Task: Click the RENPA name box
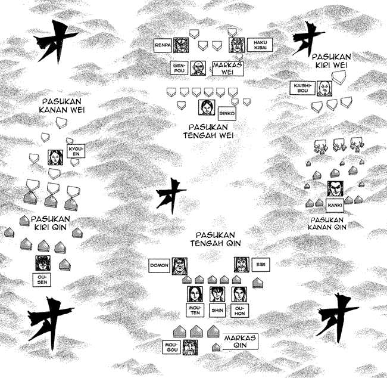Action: click(163, 45)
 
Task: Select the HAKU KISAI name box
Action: click(260, 45)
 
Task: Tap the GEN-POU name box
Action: click(179, 68)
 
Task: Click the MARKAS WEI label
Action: click(228, 69)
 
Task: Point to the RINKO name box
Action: click(227, 114)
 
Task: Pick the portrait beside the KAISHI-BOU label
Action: click(324, 88)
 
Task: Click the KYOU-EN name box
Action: click(76, 151)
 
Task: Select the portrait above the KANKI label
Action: click(335, 188)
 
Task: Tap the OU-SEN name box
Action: click(42, 280)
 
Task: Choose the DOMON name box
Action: click(160, 265)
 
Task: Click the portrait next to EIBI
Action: click(242, 265)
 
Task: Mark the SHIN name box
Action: click(217, 310)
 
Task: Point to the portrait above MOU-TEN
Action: click(195, 294)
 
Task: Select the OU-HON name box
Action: click(240, 311)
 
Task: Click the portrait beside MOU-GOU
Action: click(191, 348)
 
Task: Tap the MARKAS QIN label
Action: click(240, 342)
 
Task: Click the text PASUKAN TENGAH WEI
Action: click(208, 131)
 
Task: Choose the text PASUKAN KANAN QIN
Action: click(327, 224)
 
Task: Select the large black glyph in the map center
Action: click(171, 196)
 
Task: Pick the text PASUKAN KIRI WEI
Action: click(331, 61)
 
